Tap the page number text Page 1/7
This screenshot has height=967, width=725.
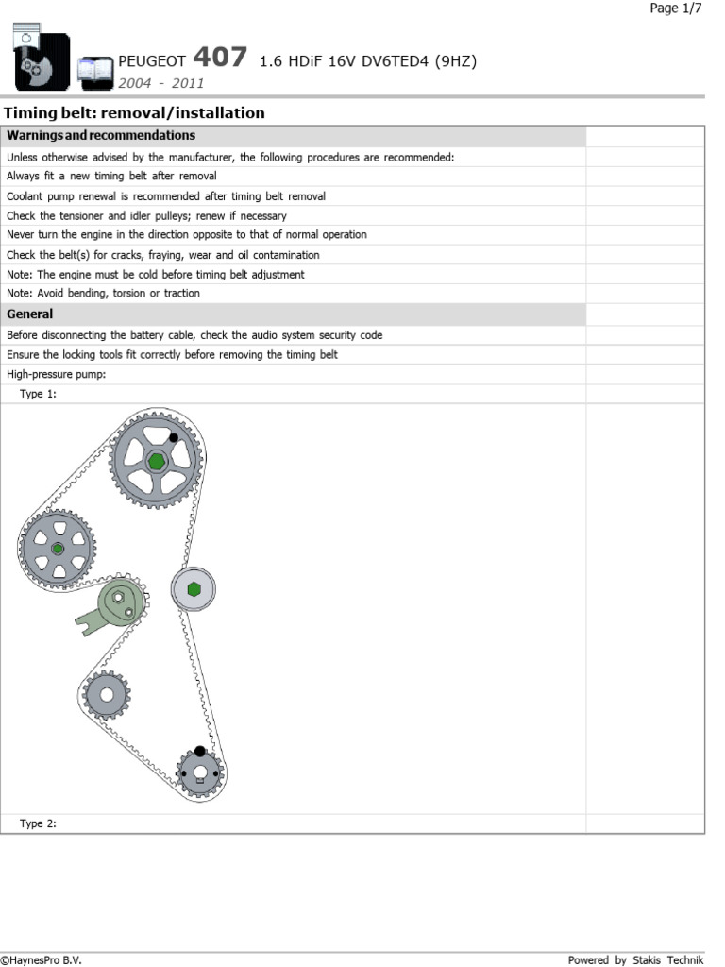pos(676,8)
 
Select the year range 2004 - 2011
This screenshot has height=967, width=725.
pos(160,82)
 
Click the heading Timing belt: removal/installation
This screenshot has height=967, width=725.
pos(135,113)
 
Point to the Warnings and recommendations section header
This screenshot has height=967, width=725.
pos(101,136)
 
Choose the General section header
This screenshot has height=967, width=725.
pos(30,314)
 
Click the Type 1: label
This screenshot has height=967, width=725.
pos(38,394)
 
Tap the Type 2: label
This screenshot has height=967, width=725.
pos(38,823)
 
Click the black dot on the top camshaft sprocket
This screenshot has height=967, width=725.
pos(174,438)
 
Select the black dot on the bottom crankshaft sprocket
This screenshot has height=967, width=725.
pos(199,752)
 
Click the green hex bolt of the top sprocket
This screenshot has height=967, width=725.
pos(156,461)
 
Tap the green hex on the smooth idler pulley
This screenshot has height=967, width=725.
pos(194,589)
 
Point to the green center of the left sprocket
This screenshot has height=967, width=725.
pos(58,549)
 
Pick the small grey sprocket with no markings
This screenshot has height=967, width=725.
pos(106,696)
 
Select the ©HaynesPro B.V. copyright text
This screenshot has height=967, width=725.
pos(42,959)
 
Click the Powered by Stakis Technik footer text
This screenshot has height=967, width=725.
pos(635,959)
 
